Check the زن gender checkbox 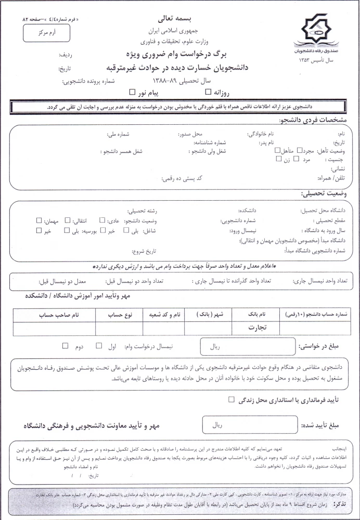pos(279,160)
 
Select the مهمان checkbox pos(38,220)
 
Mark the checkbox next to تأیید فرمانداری pos(231,399)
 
